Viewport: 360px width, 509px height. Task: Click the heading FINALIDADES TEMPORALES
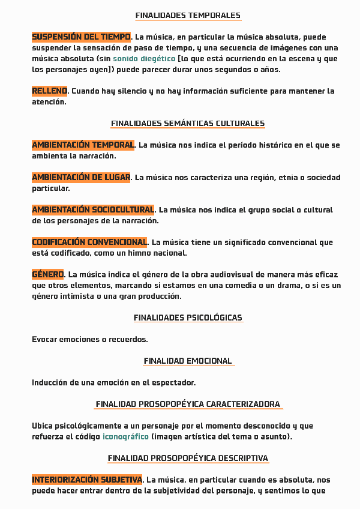[x=188, y=16]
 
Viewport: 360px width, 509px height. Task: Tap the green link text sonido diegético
[x=144, y=59]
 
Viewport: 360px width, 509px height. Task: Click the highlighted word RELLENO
[x=50, y=91]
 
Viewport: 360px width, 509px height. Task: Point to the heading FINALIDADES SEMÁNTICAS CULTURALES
[x=188, y=124]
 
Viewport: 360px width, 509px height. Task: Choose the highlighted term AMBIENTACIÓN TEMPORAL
[x=83, y=145]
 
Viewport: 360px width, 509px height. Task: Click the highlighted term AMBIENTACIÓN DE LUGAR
[x=81, y=178]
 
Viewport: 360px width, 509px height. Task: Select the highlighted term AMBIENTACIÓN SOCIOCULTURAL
[x=93, y=210]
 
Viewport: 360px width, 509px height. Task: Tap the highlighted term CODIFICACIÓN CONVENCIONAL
[x=89, y=242]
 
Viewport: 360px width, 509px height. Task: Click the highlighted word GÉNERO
[x=48, y=275]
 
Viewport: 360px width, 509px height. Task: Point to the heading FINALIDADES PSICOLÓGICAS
[x=188, y=318]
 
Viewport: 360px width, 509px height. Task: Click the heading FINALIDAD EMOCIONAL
[x=188, y=361]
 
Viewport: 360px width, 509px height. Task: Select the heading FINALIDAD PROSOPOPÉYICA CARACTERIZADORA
[x=188, y=404]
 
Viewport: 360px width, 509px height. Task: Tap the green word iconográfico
[x=125, y=436]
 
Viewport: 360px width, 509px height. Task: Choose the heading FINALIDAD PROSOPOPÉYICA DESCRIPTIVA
[x=188, y=459]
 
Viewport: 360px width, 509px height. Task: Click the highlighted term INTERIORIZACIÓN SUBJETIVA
[x=87, y=480]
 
